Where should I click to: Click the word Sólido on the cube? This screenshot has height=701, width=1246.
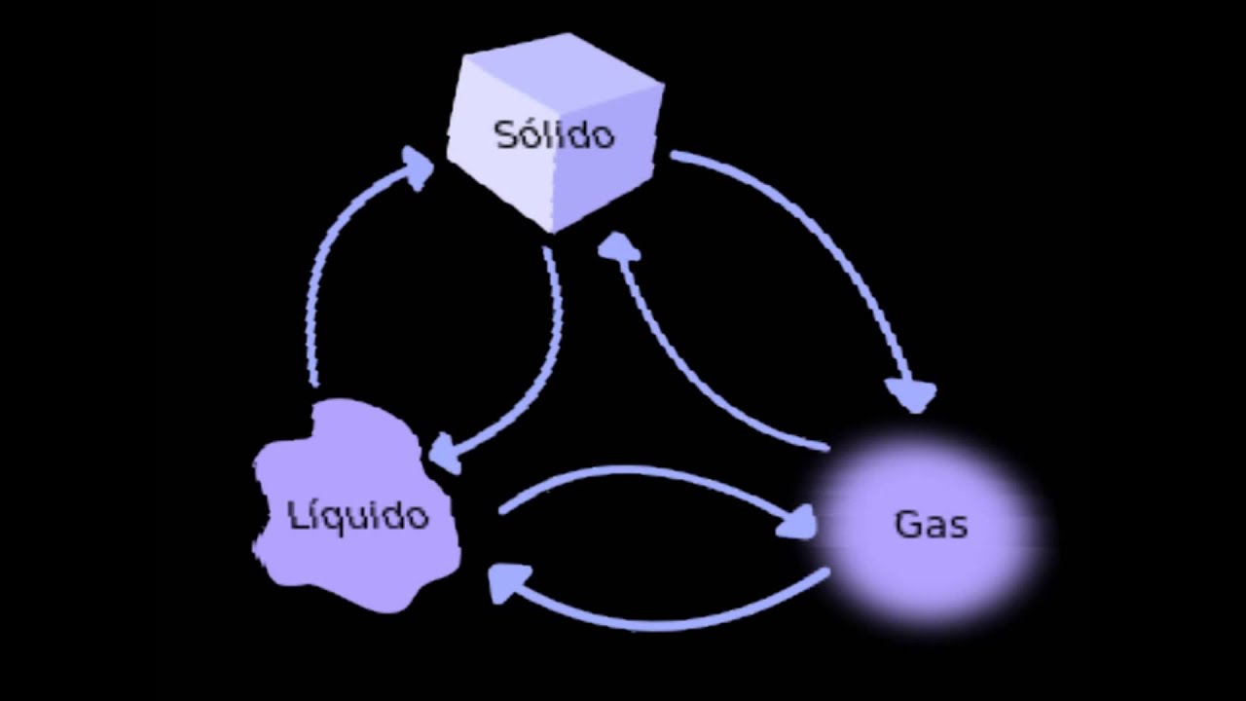(555, 134)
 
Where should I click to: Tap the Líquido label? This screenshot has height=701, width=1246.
(359, 515)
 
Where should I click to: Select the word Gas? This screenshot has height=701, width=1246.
(931, 525)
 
